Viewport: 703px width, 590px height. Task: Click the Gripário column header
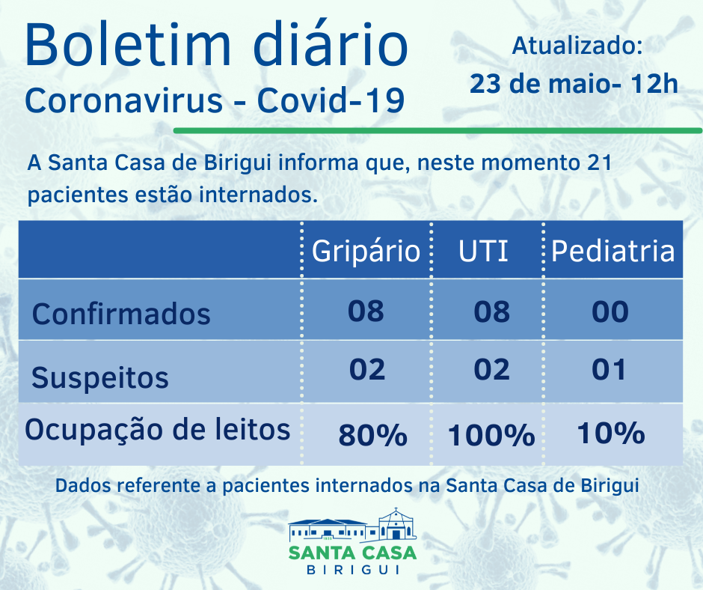366,251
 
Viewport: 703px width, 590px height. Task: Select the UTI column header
484,251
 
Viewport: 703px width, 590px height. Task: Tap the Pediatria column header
613,251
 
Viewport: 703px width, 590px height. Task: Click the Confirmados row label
121,313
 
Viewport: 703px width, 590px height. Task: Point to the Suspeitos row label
100,377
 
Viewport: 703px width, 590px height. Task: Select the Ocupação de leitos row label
158,430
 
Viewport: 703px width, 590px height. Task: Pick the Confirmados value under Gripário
366,311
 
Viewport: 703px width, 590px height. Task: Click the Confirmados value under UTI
492,311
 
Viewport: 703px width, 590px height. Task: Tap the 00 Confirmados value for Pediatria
610,311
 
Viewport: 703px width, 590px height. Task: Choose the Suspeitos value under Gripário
366,369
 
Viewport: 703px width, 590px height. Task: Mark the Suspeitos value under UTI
492,369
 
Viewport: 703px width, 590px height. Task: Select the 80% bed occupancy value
372,434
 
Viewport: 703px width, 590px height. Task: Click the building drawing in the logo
352,526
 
